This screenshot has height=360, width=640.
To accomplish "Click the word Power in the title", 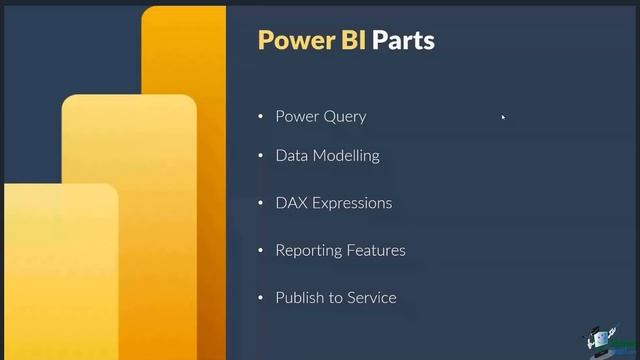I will click(x=291, y=40).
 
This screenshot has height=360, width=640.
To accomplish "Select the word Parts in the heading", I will click(x=404, y=40).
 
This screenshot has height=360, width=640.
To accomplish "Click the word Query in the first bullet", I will click(x=344, y=117).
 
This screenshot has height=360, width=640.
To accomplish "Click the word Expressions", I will click(x=352, y=203).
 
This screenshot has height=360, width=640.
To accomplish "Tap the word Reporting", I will click(x=307, y=250).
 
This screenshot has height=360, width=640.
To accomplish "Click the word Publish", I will click(x=298, y=297).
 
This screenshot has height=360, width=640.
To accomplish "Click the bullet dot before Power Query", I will click(x=261, y=117).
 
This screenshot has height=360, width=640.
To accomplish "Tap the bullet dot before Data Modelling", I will click(x=261, y=156).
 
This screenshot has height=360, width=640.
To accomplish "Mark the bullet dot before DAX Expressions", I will click(x=261, y=203).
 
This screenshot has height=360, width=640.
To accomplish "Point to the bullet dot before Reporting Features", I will click(x=261, y=250).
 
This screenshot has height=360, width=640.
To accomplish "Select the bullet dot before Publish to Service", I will click(x=261, y=298).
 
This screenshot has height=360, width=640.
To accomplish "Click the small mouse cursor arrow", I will click(x=503, y=117).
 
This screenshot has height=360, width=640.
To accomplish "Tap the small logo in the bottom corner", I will click(x=606, y=339).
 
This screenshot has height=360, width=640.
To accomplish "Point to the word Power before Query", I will click(x=297, y=117).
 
